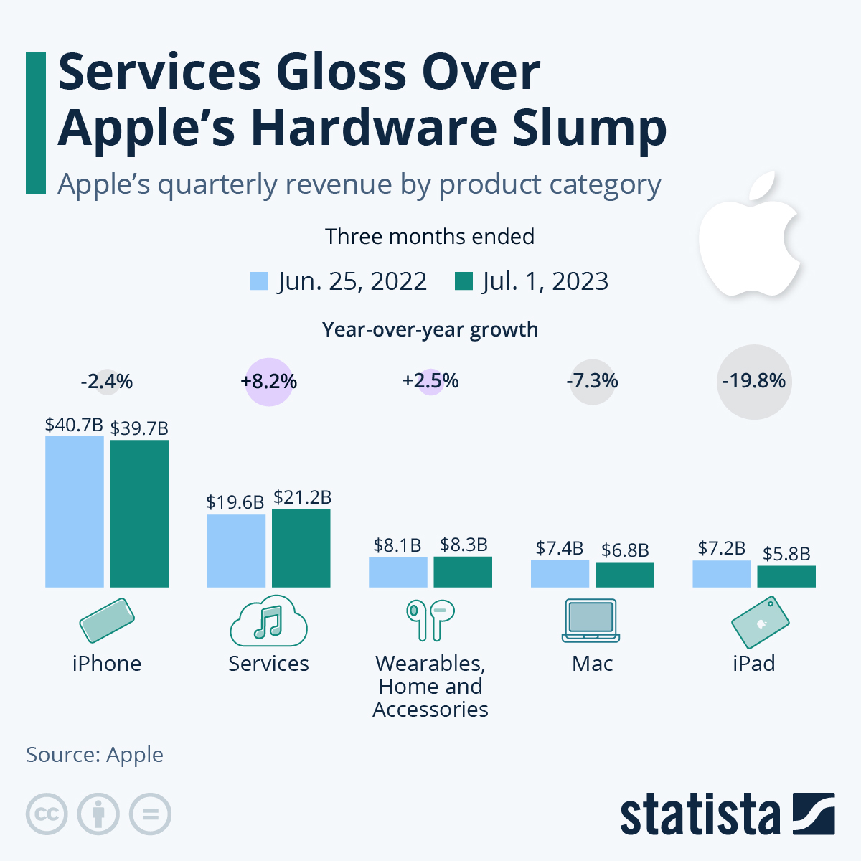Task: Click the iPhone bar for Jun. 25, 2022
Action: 75,512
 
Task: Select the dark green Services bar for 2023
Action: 301,548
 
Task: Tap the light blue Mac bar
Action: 560,573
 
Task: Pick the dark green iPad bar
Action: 786,577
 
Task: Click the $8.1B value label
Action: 397,545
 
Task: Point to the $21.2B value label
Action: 302,497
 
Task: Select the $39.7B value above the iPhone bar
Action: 139,428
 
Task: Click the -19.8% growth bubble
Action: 754,381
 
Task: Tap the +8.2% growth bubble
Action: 269,381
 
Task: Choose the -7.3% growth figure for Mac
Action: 593,381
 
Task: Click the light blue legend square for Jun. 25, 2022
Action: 259,281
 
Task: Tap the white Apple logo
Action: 749,237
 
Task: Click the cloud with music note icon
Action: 268,621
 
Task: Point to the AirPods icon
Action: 430,619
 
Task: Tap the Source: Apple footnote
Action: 95,755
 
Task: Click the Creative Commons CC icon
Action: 47,814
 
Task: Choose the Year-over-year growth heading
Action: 430,330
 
